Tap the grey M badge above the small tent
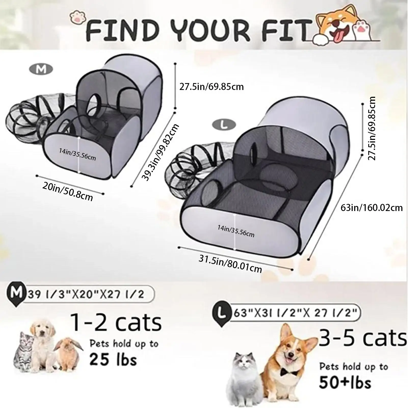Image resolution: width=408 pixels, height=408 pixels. click(41, 69)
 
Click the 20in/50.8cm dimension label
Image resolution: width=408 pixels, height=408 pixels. click(68, 192)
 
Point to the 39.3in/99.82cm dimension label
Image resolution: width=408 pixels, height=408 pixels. click(160, 152)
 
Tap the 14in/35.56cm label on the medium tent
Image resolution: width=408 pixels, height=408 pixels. click(77, 154)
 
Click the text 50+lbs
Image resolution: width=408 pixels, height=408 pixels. click(345, 383)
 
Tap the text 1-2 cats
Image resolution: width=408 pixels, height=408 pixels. click(116, 322)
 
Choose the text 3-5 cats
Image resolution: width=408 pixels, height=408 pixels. click(362, 338)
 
